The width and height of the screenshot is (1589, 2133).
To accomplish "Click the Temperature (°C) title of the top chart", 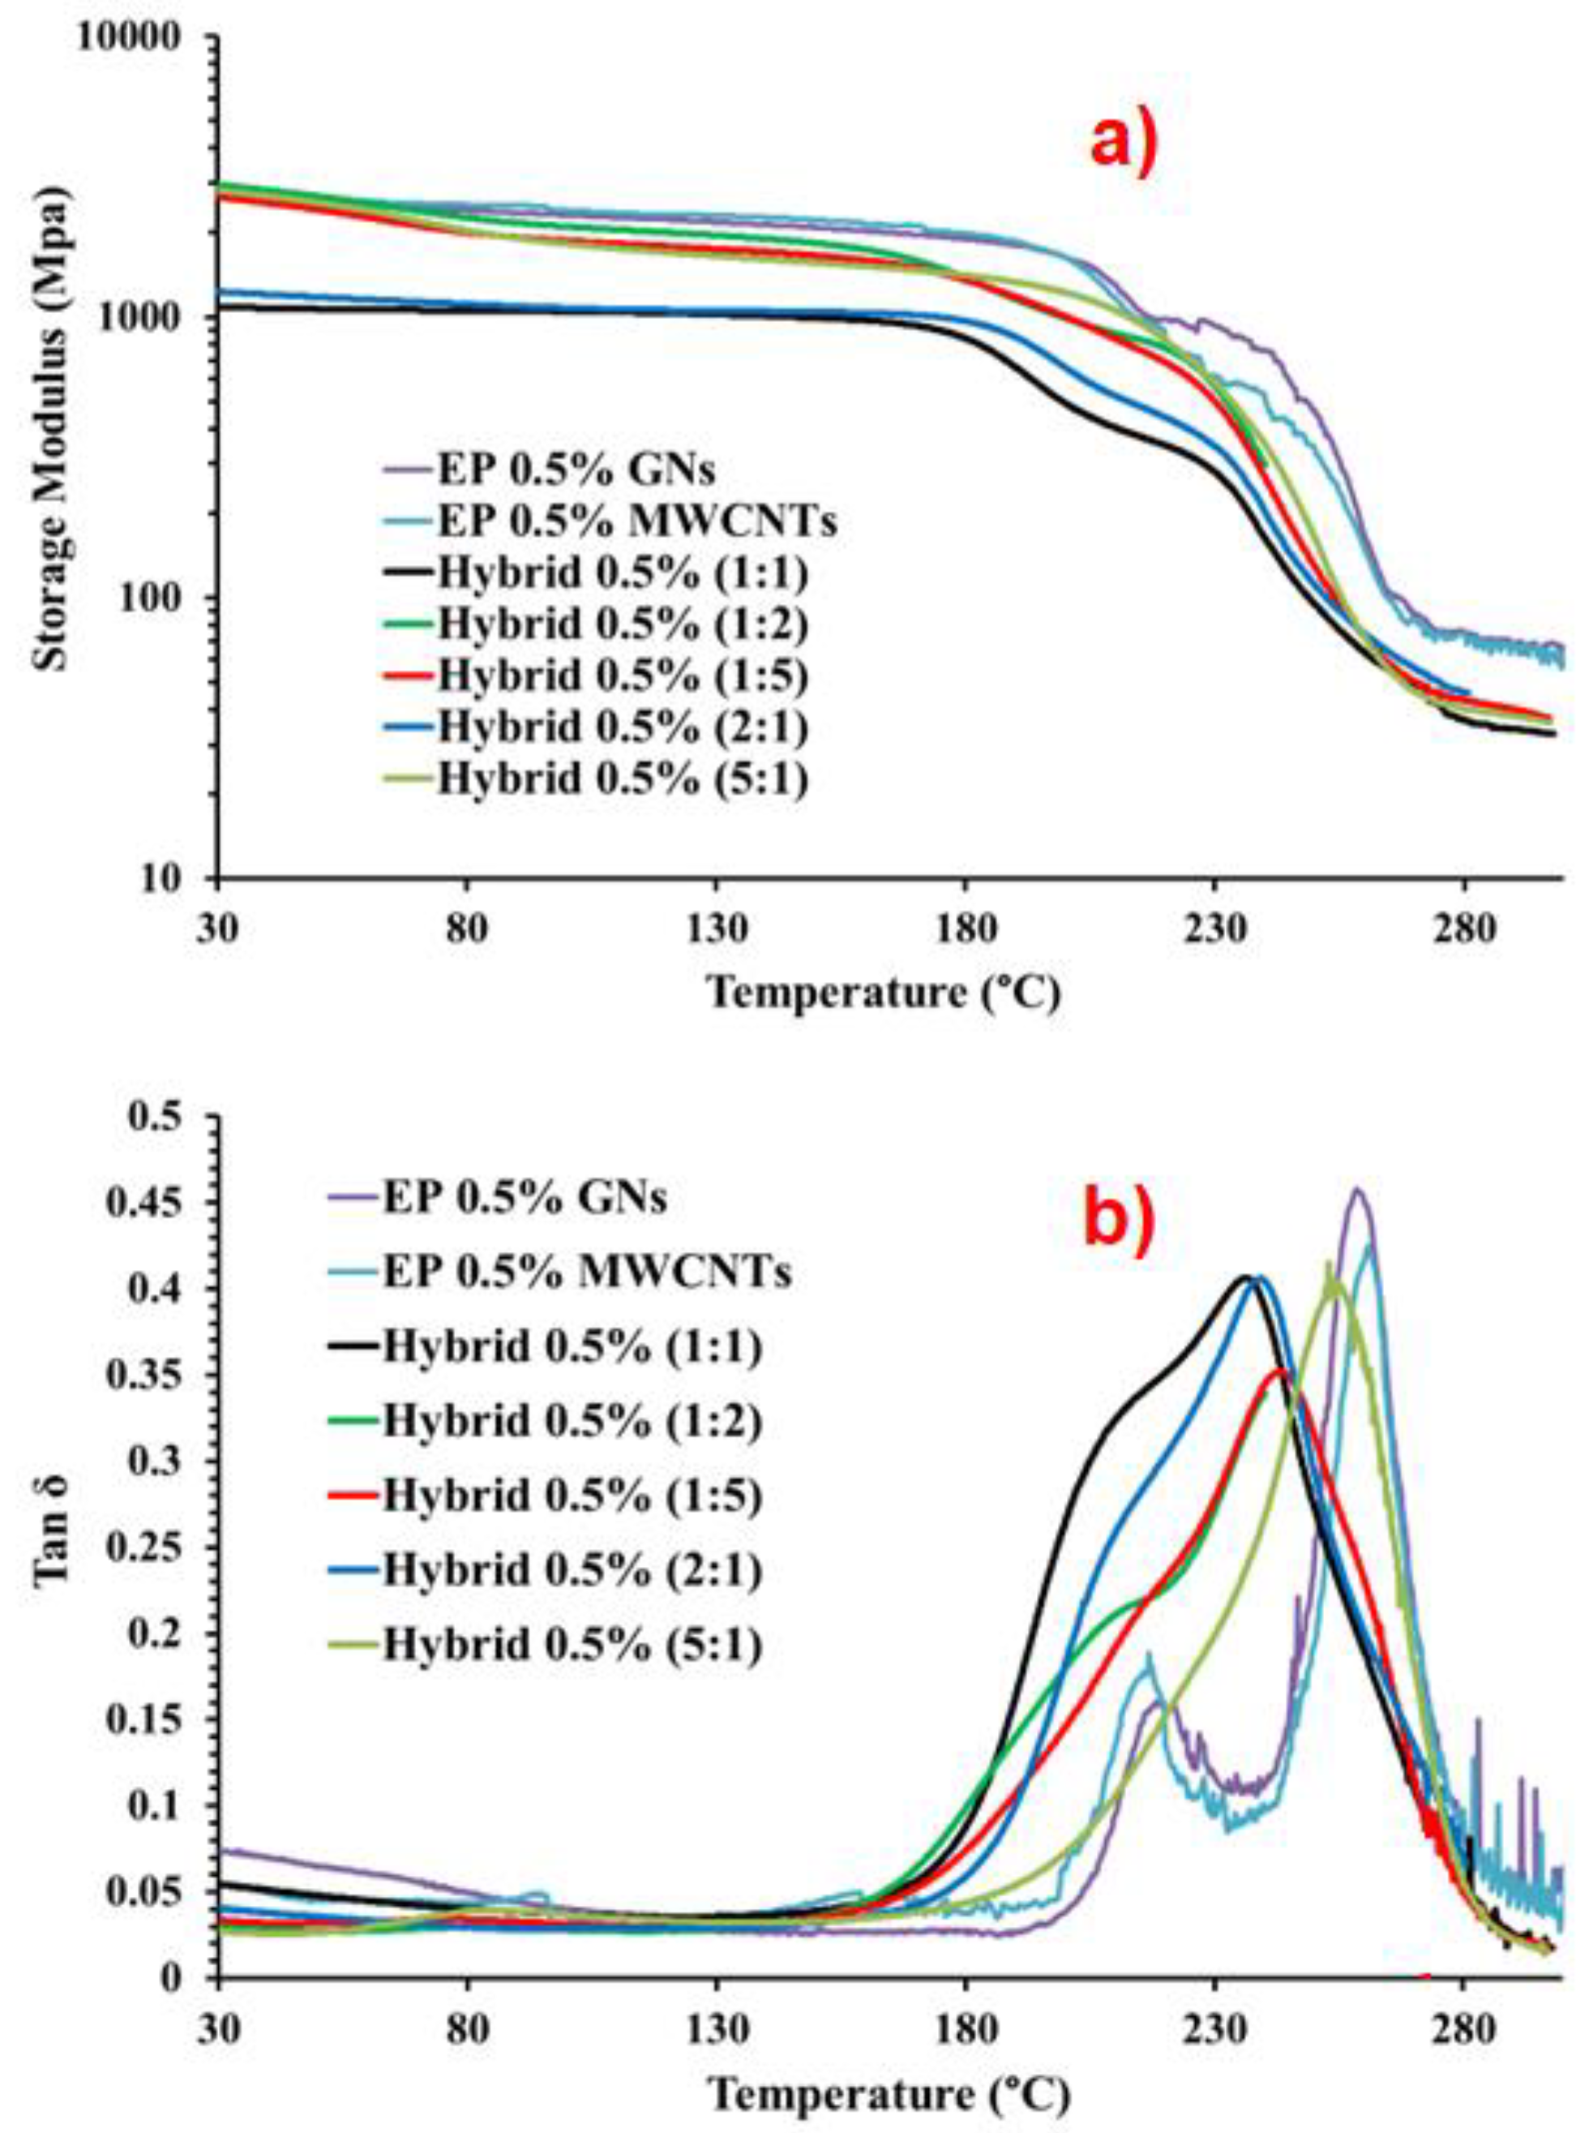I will (885, 992).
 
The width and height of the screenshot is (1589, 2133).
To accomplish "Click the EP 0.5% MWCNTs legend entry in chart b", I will (587, 1273).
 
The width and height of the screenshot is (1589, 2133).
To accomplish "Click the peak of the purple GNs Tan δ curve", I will (1357, 1190).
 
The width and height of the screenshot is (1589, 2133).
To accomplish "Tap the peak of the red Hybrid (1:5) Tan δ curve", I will (1281, 1369).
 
